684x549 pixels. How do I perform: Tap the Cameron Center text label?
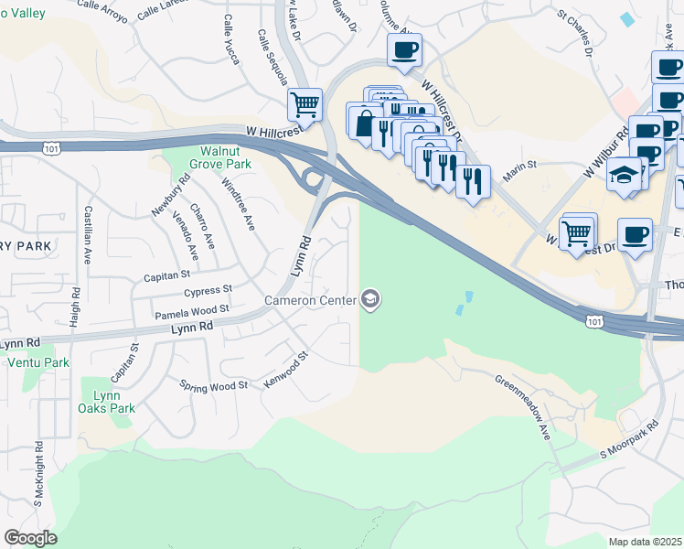pos(310,300)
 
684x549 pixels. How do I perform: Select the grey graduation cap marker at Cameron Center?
pos(370,299)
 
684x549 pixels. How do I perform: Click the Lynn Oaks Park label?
pos(107,402)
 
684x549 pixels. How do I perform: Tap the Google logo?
pos(30,537)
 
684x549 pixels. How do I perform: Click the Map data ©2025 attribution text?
pos(646,541)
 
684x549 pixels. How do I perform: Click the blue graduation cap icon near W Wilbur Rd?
pos(625,175)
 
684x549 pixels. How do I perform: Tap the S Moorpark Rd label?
pos(629,440)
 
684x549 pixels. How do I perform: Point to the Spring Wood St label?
pos(214,386)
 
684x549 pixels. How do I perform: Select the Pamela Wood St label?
pos(191,311)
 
